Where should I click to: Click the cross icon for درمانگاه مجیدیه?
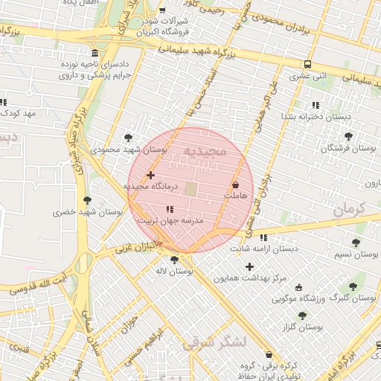click(x=151, y=176)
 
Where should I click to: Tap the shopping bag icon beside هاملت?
click(x=236, y=184)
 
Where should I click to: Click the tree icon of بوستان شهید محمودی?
click(x=129, y=138)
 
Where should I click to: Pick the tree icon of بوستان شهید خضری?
click(x=88, y=200)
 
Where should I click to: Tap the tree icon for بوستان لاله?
click(x=174, y=260)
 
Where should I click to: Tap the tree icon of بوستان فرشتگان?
click(x=348, y=136)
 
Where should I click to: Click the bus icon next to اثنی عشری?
click(x=307, y=64)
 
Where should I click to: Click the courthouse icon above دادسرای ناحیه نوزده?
click(x=94, y=53)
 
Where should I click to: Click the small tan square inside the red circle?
click(x=191, y=190)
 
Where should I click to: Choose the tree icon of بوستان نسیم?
click(x=356, y=243)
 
